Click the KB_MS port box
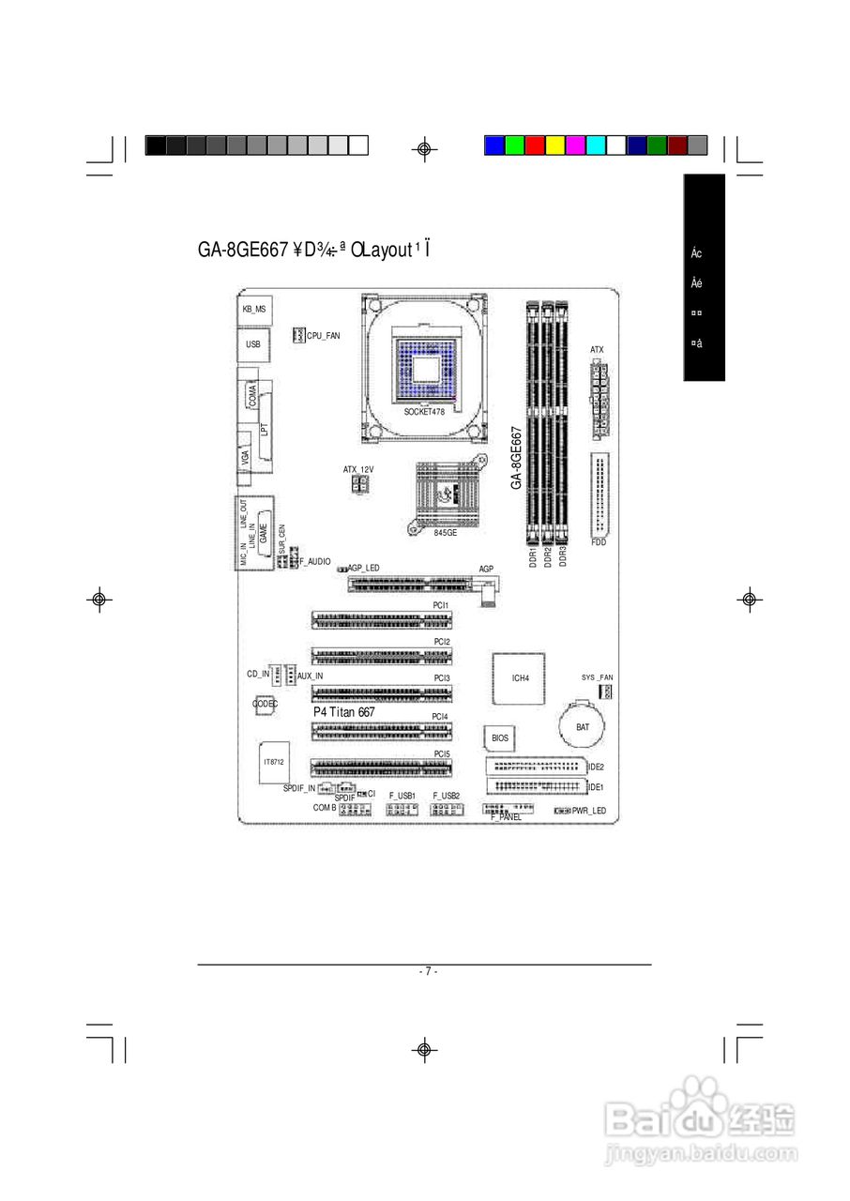pos(253,309)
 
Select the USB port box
pos(252,345)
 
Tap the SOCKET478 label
pos(424,412)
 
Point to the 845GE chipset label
pos(445,532)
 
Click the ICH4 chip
pos(520,677)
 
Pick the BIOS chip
pos(500,738)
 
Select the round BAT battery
pos(582,727)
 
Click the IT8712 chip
pos(273,763)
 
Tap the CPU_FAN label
pos(324,335)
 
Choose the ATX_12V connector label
pos(357,468)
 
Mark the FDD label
pos(600,542)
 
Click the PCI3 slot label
pos(441,677)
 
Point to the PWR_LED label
pos(589,811)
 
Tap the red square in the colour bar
pos(535,145)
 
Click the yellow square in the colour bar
pos(555,145)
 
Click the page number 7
pos(425,971)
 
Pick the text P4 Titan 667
pos(343,713)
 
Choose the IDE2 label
pos(595,768)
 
